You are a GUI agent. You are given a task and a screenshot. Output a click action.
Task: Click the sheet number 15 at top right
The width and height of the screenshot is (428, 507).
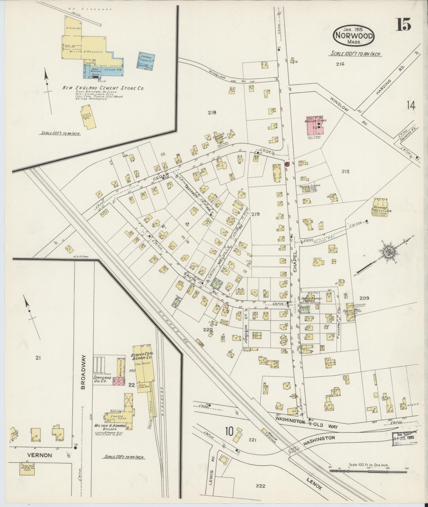[404, 24]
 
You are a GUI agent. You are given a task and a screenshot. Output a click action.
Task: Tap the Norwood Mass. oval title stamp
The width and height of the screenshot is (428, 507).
[354, 35]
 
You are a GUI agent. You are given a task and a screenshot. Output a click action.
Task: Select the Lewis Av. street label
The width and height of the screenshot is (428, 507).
[211, 478]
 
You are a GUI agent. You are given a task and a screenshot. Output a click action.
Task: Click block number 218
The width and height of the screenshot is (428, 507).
[212, 112]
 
